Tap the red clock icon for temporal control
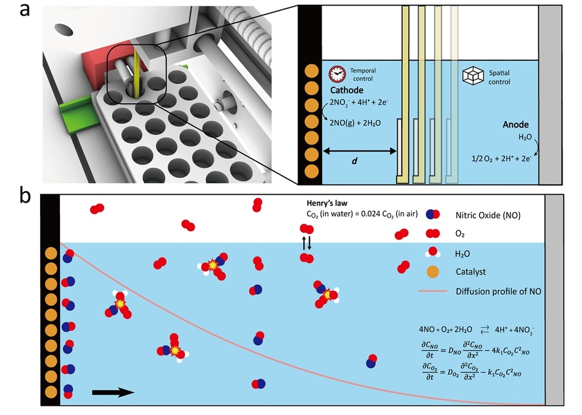coord(336,74)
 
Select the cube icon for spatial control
coord(472,75)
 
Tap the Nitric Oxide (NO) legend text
coord(483,214)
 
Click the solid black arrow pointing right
coord(113,392)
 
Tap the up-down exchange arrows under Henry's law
coord(307,243)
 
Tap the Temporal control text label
coord(363,75)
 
